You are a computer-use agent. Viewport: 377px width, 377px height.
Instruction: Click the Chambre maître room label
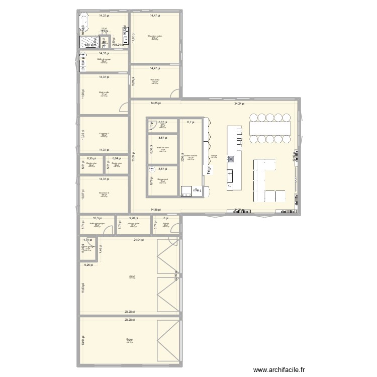(x=155, y=36)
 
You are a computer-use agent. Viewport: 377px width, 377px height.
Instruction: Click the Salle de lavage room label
(x=104, y=60)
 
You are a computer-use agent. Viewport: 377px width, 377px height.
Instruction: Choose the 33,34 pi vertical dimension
(x=133, y=156)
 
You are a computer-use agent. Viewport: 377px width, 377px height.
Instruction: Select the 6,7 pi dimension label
(x=190, y=122)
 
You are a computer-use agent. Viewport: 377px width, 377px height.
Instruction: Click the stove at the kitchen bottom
(x=186, y=191)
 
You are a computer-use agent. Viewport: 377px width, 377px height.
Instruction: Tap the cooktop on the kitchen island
(x=232, y=159)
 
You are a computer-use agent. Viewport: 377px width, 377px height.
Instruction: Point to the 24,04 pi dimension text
(x=138, y=240)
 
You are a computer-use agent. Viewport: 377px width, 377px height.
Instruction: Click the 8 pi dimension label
(x=166, y=218)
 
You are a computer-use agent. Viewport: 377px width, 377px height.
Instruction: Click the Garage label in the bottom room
(x=130, y=339)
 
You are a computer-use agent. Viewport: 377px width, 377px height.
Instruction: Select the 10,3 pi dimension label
(x=97, y=218)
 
